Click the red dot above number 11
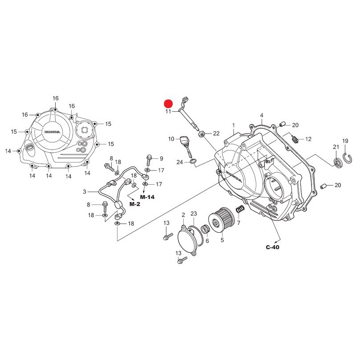168,104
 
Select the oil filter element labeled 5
221,220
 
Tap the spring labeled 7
240,209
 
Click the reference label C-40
272,247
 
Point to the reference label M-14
147,197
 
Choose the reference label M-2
135,204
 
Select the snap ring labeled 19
348,158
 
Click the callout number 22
216,133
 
